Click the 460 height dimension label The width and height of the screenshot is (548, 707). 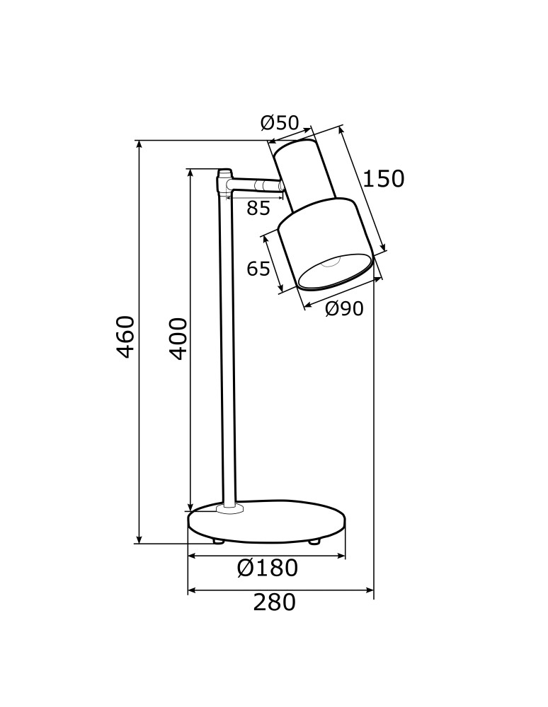point(125,337)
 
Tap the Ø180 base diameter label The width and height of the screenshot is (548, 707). point(267,568)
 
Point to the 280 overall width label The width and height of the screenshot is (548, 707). point(274,602)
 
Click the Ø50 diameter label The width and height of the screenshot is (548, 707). point(280,123)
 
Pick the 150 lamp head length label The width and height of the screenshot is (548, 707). point(383,179)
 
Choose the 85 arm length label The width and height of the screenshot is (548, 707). point(258,209)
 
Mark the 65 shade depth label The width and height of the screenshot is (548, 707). point(258,269)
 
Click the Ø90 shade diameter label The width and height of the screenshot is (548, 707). point(344,309)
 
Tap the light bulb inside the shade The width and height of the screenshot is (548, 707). point(331,264)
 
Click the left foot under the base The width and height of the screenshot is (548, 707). point(217,542)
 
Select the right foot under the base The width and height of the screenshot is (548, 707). point(314,542)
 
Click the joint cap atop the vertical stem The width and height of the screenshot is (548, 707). point(224,173)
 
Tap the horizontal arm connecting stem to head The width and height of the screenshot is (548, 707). point(255,185)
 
